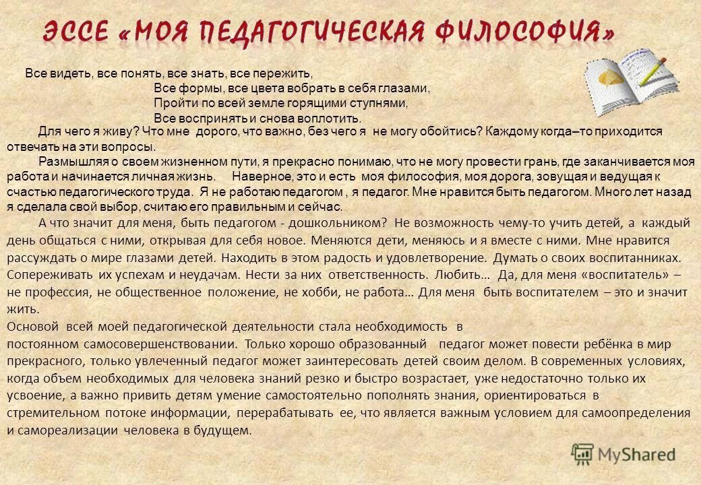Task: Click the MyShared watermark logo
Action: pyautogui.click(x=623, y=453)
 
